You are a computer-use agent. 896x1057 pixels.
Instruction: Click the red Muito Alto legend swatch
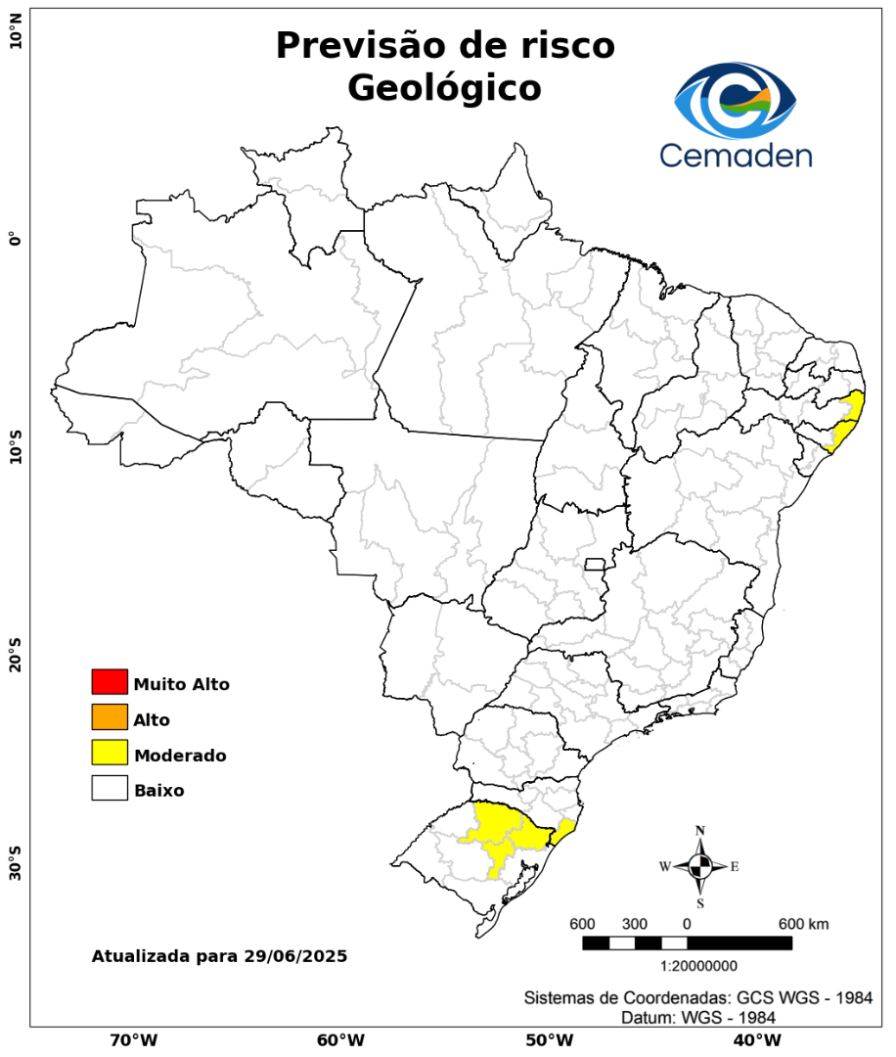(x=110, y=681)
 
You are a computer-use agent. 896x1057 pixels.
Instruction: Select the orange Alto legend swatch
(x=110, y=717)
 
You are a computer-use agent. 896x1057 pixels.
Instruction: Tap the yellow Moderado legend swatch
(x=110, y=753)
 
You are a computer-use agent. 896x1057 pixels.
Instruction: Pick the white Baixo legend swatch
(x=110, y=788)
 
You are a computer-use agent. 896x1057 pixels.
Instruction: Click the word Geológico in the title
(x=444, y=88)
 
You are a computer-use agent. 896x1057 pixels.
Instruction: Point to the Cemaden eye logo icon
(x=736, y=101)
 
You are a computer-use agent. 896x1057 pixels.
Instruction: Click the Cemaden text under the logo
(x=736, y=155)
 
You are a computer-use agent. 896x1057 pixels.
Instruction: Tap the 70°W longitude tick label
(x=133, y=1039)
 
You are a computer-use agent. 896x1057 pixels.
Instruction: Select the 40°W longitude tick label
(x=754, y=1039)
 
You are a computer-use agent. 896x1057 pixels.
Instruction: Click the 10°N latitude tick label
(x=15, y=37)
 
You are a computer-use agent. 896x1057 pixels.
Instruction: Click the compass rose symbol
(x=700, y=866)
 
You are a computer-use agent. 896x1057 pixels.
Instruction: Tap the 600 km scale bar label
(x=804, y=925)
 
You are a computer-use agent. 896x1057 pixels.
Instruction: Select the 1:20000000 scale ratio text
(x=699, y=966)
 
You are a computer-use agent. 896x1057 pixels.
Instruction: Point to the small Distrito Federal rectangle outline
(x=595, y=564)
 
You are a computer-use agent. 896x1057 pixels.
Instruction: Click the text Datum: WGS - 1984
(x=698, y=1018)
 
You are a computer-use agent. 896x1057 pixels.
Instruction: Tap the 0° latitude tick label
(x=15, y=238)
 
